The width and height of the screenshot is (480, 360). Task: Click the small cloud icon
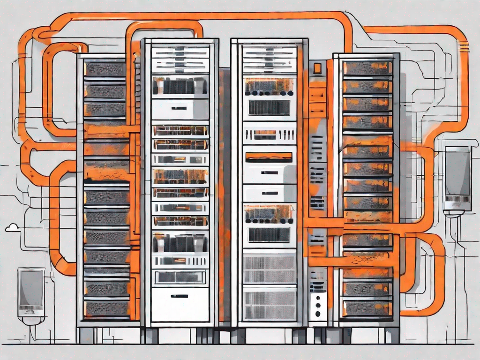point(12,228)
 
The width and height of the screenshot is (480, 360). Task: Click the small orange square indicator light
point(317,68)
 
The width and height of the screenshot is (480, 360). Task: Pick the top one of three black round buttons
point(318,298)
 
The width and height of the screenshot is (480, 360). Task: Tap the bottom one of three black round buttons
point(318,313)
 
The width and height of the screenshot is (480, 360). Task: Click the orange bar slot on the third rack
point(269,156)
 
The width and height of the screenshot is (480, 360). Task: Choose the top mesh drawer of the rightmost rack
point(367,68)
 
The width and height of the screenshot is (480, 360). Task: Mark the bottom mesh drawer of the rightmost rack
point(367,308)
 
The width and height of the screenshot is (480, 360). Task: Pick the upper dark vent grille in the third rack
point(269,107)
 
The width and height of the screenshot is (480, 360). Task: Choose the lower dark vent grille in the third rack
point(269,234)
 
